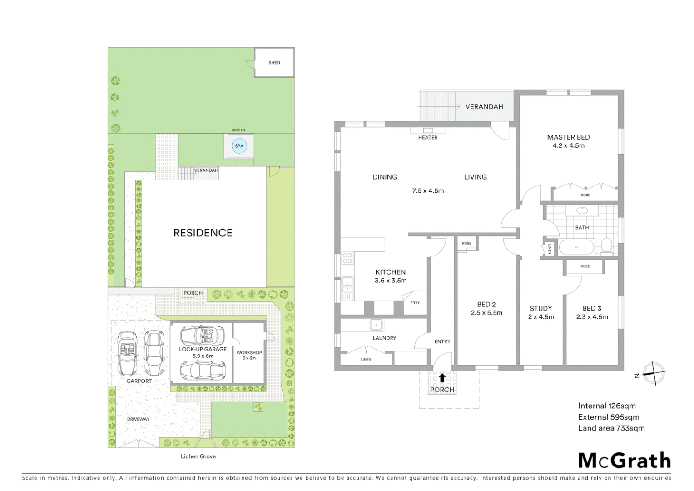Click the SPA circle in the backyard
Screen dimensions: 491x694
click(239, 146)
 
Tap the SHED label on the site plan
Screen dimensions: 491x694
click(274, 63)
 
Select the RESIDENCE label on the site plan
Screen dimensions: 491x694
click(203, 233)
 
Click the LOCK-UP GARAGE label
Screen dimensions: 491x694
click(203, 349)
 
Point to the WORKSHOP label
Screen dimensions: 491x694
click(249, 353)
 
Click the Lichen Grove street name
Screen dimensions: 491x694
click(198, 456)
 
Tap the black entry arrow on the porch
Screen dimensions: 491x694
click(442, 377)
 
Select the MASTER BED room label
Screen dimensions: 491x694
click(568, 137)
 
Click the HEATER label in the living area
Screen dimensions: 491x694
click(428, 137)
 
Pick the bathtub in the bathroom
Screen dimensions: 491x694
click(576, 248)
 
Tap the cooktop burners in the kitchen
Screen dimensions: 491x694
click(347, 258)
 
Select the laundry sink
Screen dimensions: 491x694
click(377, 325)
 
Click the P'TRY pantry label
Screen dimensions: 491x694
click(415, 303)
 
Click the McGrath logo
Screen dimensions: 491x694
click(625, 461)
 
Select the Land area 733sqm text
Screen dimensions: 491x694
click(611, 428)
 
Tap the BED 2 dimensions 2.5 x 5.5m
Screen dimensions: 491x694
click(486, 313)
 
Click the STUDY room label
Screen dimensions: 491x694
click(541, 308)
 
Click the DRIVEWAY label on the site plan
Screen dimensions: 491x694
click(138, 419)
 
